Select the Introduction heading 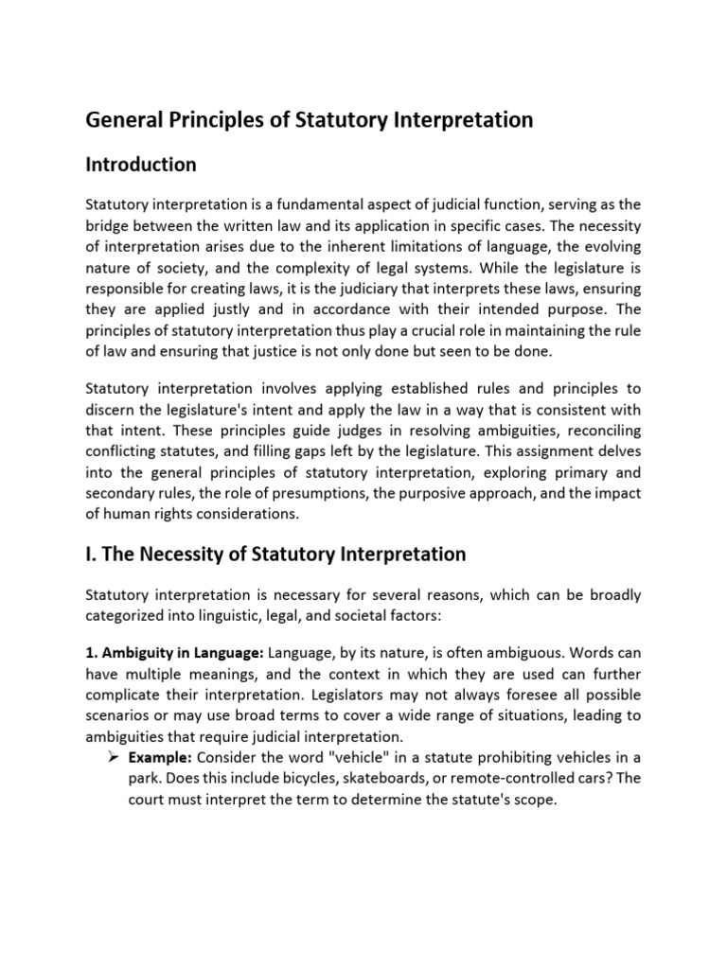pos(141,165)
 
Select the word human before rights pos(128,514)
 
